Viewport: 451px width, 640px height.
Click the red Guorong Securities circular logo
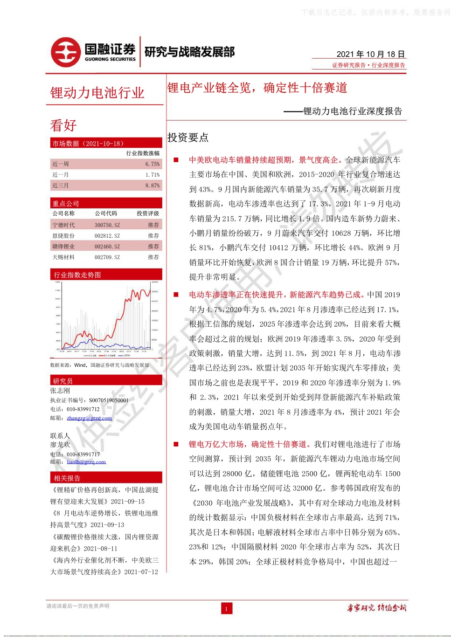[66, 52]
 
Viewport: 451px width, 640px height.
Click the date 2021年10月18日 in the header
[370, 54]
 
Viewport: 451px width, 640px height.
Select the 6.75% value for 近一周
[152, 164]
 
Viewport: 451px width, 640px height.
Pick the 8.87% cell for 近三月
[152, 186]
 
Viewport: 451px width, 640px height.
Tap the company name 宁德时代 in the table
[63, 225]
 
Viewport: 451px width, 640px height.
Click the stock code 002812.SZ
[107, 236]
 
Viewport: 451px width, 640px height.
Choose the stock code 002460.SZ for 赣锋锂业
[107, 247]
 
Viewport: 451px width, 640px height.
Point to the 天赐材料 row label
[63, 257]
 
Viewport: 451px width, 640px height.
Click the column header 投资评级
[148, 213]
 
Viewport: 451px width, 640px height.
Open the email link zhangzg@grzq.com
[89, 418]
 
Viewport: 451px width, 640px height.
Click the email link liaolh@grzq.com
[86, 462]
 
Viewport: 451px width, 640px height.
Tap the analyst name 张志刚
[60, 391]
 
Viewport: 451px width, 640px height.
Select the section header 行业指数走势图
[77, 275]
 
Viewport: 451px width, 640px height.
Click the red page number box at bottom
[226, 608]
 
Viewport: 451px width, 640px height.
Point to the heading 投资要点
[188, 138]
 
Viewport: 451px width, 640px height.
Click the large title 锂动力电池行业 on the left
[97, 93]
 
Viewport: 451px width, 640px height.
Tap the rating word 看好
[63, 125]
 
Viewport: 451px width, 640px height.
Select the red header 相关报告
[67, 478]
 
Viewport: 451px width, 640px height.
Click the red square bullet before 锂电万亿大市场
[176, 444]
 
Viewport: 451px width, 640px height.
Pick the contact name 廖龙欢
[60, 445]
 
